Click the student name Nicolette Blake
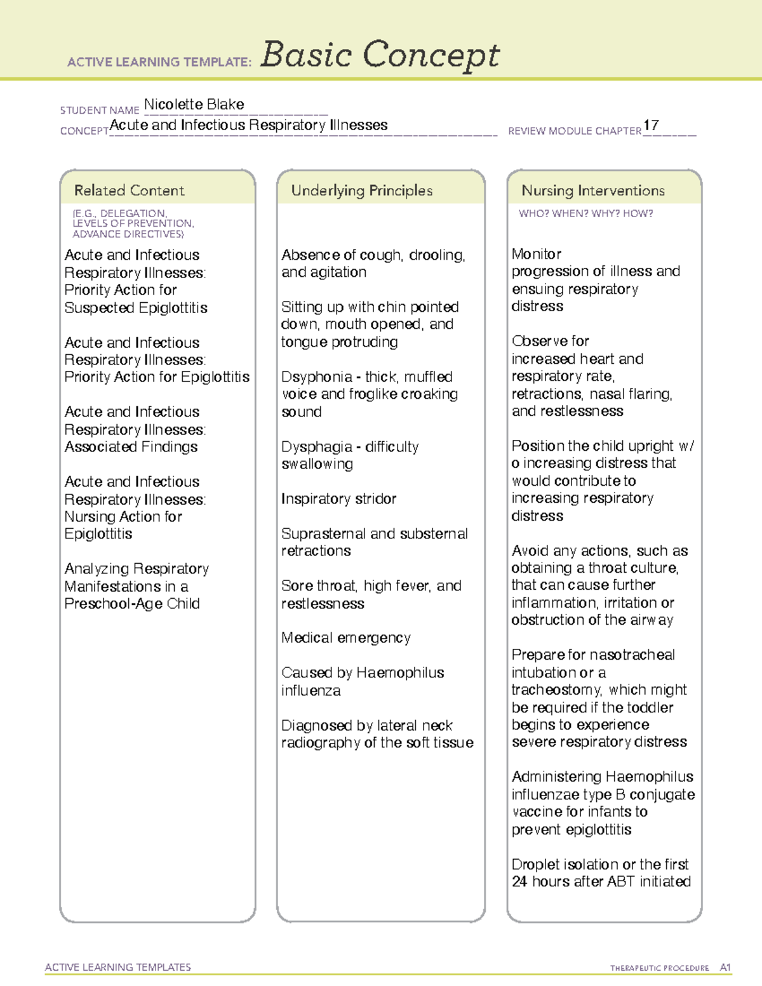(194, 105)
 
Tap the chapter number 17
(651, 125)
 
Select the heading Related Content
(129, 190)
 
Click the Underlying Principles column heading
(361, 190)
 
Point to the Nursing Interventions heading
(592, 190)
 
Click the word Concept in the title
(431, 55)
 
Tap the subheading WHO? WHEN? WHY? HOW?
(585, 214)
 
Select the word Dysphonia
(316, 377)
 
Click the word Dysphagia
(317, 447)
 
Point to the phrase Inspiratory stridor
(338, 499)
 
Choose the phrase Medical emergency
(346, 637)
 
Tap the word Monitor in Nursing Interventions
(537, 255)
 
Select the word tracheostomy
(556, 690)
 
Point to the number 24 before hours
(519, 882)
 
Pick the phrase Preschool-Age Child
(132, 604)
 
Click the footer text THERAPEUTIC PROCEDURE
(659, 968)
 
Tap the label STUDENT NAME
(100, 110)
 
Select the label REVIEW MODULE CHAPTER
(575, 131)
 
